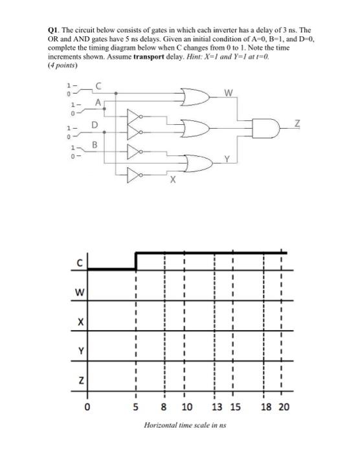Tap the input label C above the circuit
coord(98,85)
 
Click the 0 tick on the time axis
coord(87,407)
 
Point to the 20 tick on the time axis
coord(284,407)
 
